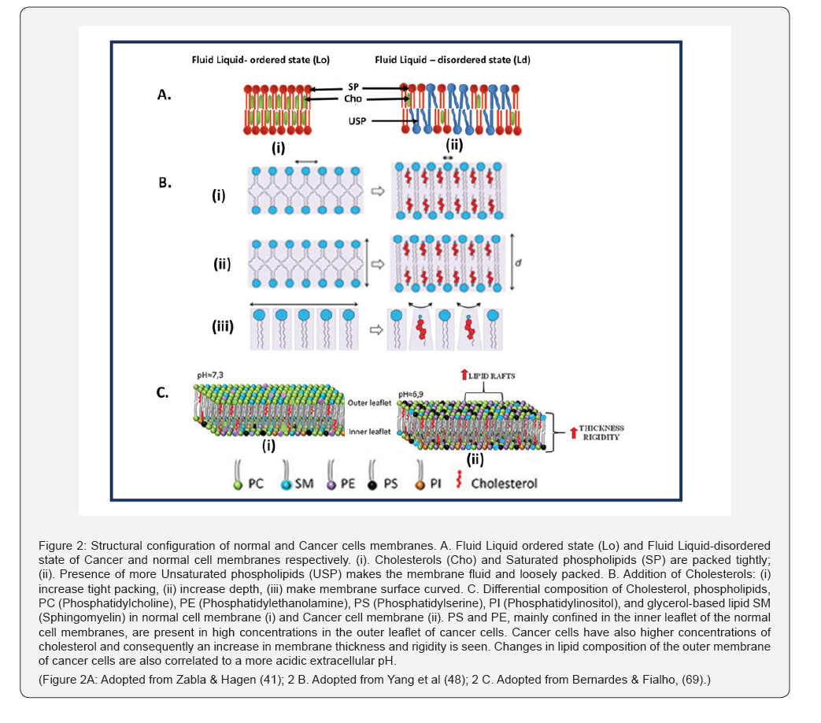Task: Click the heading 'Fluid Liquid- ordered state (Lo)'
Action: (261, 60)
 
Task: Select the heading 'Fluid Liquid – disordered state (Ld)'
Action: (453, 60)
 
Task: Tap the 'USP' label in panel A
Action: (357, 121)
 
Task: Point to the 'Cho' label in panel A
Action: (353, 98)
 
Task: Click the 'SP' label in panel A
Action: (353, 87)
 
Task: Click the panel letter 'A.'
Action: (165, 95)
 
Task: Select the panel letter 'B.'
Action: (165, 183)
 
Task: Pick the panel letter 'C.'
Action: (162, 392)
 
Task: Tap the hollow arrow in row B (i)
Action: (378, 191)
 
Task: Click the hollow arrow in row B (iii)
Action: (376, 330)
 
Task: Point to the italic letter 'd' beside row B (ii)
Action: (519, 262)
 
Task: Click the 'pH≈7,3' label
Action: (210, 375)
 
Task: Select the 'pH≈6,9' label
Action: (411, 394)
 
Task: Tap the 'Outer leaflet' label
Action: (370, 403)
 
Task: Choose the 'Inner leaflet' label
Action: (370, 432)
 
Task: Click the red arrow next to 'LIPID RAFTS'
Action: (464, 375)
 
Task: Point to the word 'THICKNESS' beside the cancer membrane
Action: (601, 428)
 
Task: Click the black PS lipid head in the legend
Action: (372, 486)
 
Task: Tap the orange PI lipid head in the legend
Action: (420, 486)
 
